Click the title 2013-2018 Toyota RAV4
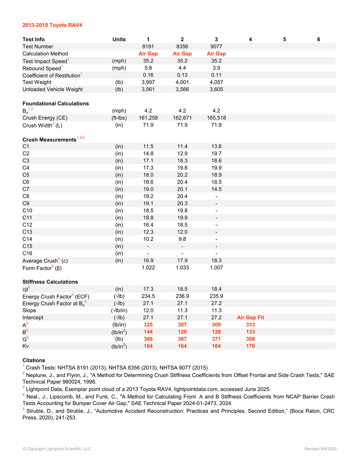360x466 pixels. coord(52,25)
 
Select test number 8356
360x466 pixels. coord(182,46)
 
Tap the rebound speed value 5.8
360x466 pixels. coord(148,68)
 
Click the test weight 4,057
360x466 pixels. coord(216,82)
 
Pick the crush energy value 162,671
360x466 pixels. coord(182,118)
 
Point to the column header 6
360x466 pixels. coord(319,39)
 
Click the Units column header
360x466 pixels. coord(119,39)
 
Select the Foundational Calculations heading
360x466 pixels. coord(55,104)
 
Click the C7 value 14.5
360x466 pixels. coord(216,189)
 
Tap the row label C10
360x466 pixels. coord(27,211)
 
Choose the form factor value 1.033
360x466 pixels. coord(182,268)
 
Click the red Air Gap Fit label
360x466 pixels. coord(250,318)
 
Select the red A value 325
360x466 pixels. coord(148,325)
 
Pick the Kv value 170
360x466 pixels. coord(250,346)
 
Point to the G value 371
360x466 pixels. coord(216,339)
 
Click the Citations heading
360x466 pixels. coord(34,360)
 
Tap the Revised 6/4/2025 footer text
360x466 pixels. coord(320,449)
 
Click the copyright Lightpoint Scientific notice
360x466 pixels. coord(57,449)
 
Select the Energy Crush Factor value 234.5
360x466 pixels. coord(148,296)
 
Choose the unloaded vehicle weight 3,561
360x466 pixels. coord(148,89)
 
